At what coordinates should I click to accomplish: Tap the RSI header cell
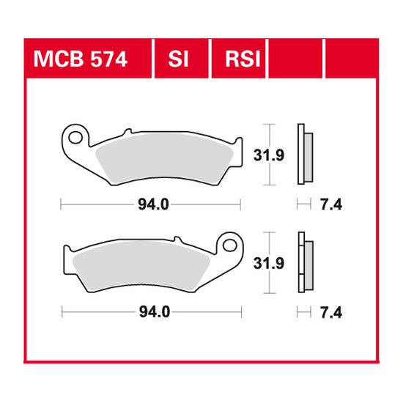[x=239, y=59]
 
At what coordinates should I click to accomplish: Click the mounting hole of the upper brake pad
[x=73, y=136]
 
